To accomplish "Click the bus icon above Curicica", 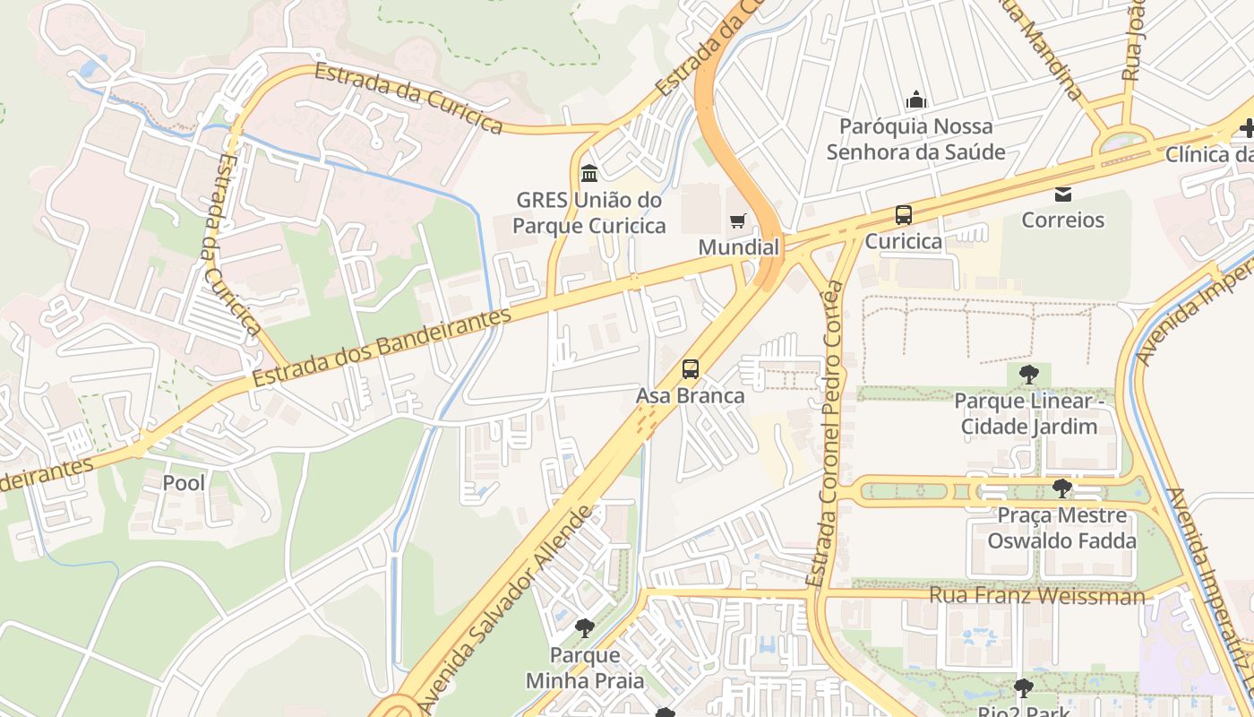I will [x=903, y=215].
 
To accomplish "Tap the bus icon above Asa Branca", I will [x=690, y=368].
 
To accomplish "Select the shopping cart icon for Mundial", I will [x=738, y=220].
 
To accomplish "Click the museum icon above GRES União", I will [x=589, y=172].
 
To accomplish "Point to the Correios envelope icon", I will [x=1063, y=194].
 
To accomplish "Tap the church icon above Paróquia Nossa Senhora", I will [x=915, y=99].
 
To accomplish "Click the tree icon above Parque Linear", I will [x=1028, y=374].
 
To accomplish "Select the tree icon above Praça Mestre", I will [x=1061, y=488].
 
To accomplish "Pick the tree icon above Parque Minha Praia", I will [x=584, y=627].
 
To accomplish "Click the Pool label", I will [x=184, y=483].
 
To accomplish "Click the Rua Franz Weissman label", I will [x=1036, y=595].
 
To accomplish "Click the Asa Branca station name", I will [x=690, y=395].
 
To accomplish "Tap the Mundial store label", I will [x=738, y=247].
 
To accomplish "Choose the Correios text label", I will [x=1063, y=220].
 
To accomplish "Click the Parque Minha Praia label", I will [x=584, y=668].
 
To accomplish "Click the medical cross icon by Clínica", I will [x=1246, y=129].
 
